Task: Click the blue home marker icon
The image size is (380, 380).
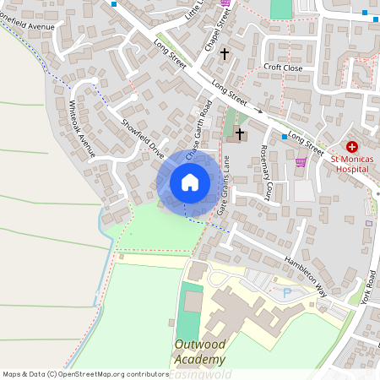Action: point(189,182)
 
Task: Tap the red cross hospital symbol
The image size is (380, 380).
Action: point(351,146)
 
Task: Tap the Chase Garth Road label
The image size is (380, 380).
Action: point(198,133)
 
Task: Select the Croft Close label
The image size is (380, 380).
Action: point(282,67)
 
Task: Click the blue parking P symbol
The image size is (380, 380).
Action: point(286,292)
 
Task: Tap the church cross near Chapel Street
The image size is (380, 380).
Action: point(225,53)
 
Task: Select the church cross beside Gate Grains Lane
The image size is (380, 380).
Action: point(240,133)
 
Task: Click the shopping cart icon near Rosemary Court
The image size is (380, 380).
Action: point(301,163)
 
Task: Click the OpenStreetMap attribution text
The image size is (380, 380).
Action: point(85,373)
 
